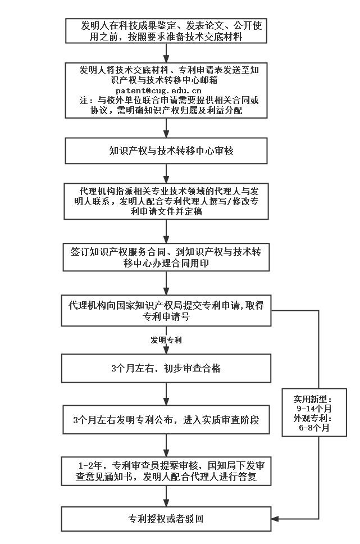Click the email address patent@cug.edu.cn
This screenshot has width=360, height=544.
click(158, 90)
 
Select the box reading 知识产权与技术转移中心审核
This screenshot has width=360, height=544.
click(168, 151)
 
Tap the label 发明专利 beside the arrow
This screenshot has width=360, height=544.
click(166, 341)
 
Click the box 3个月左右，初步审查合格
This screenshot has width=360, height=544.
click(168, 369)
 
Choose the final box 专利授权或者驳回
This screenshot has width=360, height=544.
click(168, 518)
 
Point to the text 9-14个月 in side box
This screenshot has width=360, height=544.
click(314, 409)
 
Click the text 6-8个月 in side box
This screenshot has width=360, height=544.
click(314, 428)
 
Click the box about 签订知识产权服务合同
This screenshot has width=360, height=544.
click(168, 256)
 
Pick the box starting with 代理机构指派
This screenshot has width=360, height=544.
click(168, 201)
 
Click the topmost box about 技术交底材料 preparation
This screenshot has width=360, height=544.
click(168, 31)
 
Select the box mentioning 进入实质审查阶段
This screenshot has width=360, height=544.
click(168, 420)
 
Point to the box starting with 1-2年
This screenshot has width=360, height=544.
click(168, 471)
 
